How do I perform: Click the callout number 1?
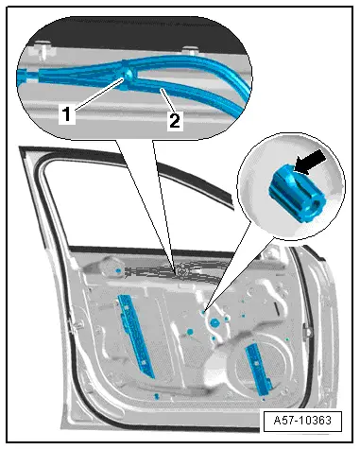[x=67, y=114]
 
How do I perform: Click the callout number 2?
[x=175, y=121]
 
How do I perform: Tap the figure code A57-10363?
[x=302, y=421]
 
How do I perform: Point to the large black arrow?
[x=311, y=162]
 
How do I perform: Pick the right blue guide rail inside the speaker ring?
[x=258, y=369]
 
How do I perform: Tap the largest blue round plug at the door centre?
[x=214, y=322]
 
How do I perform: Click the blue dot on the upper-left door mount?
[x=118, y=270]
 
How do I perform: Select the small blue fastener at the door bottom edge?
[x=156, y=396]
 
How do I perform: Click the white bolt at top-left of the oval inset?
[x=43, y=48]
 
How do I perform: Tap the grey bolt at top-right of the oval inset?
[x=191, y=50]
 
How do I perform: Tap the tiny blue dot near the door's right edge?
[x=287, y=339]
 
